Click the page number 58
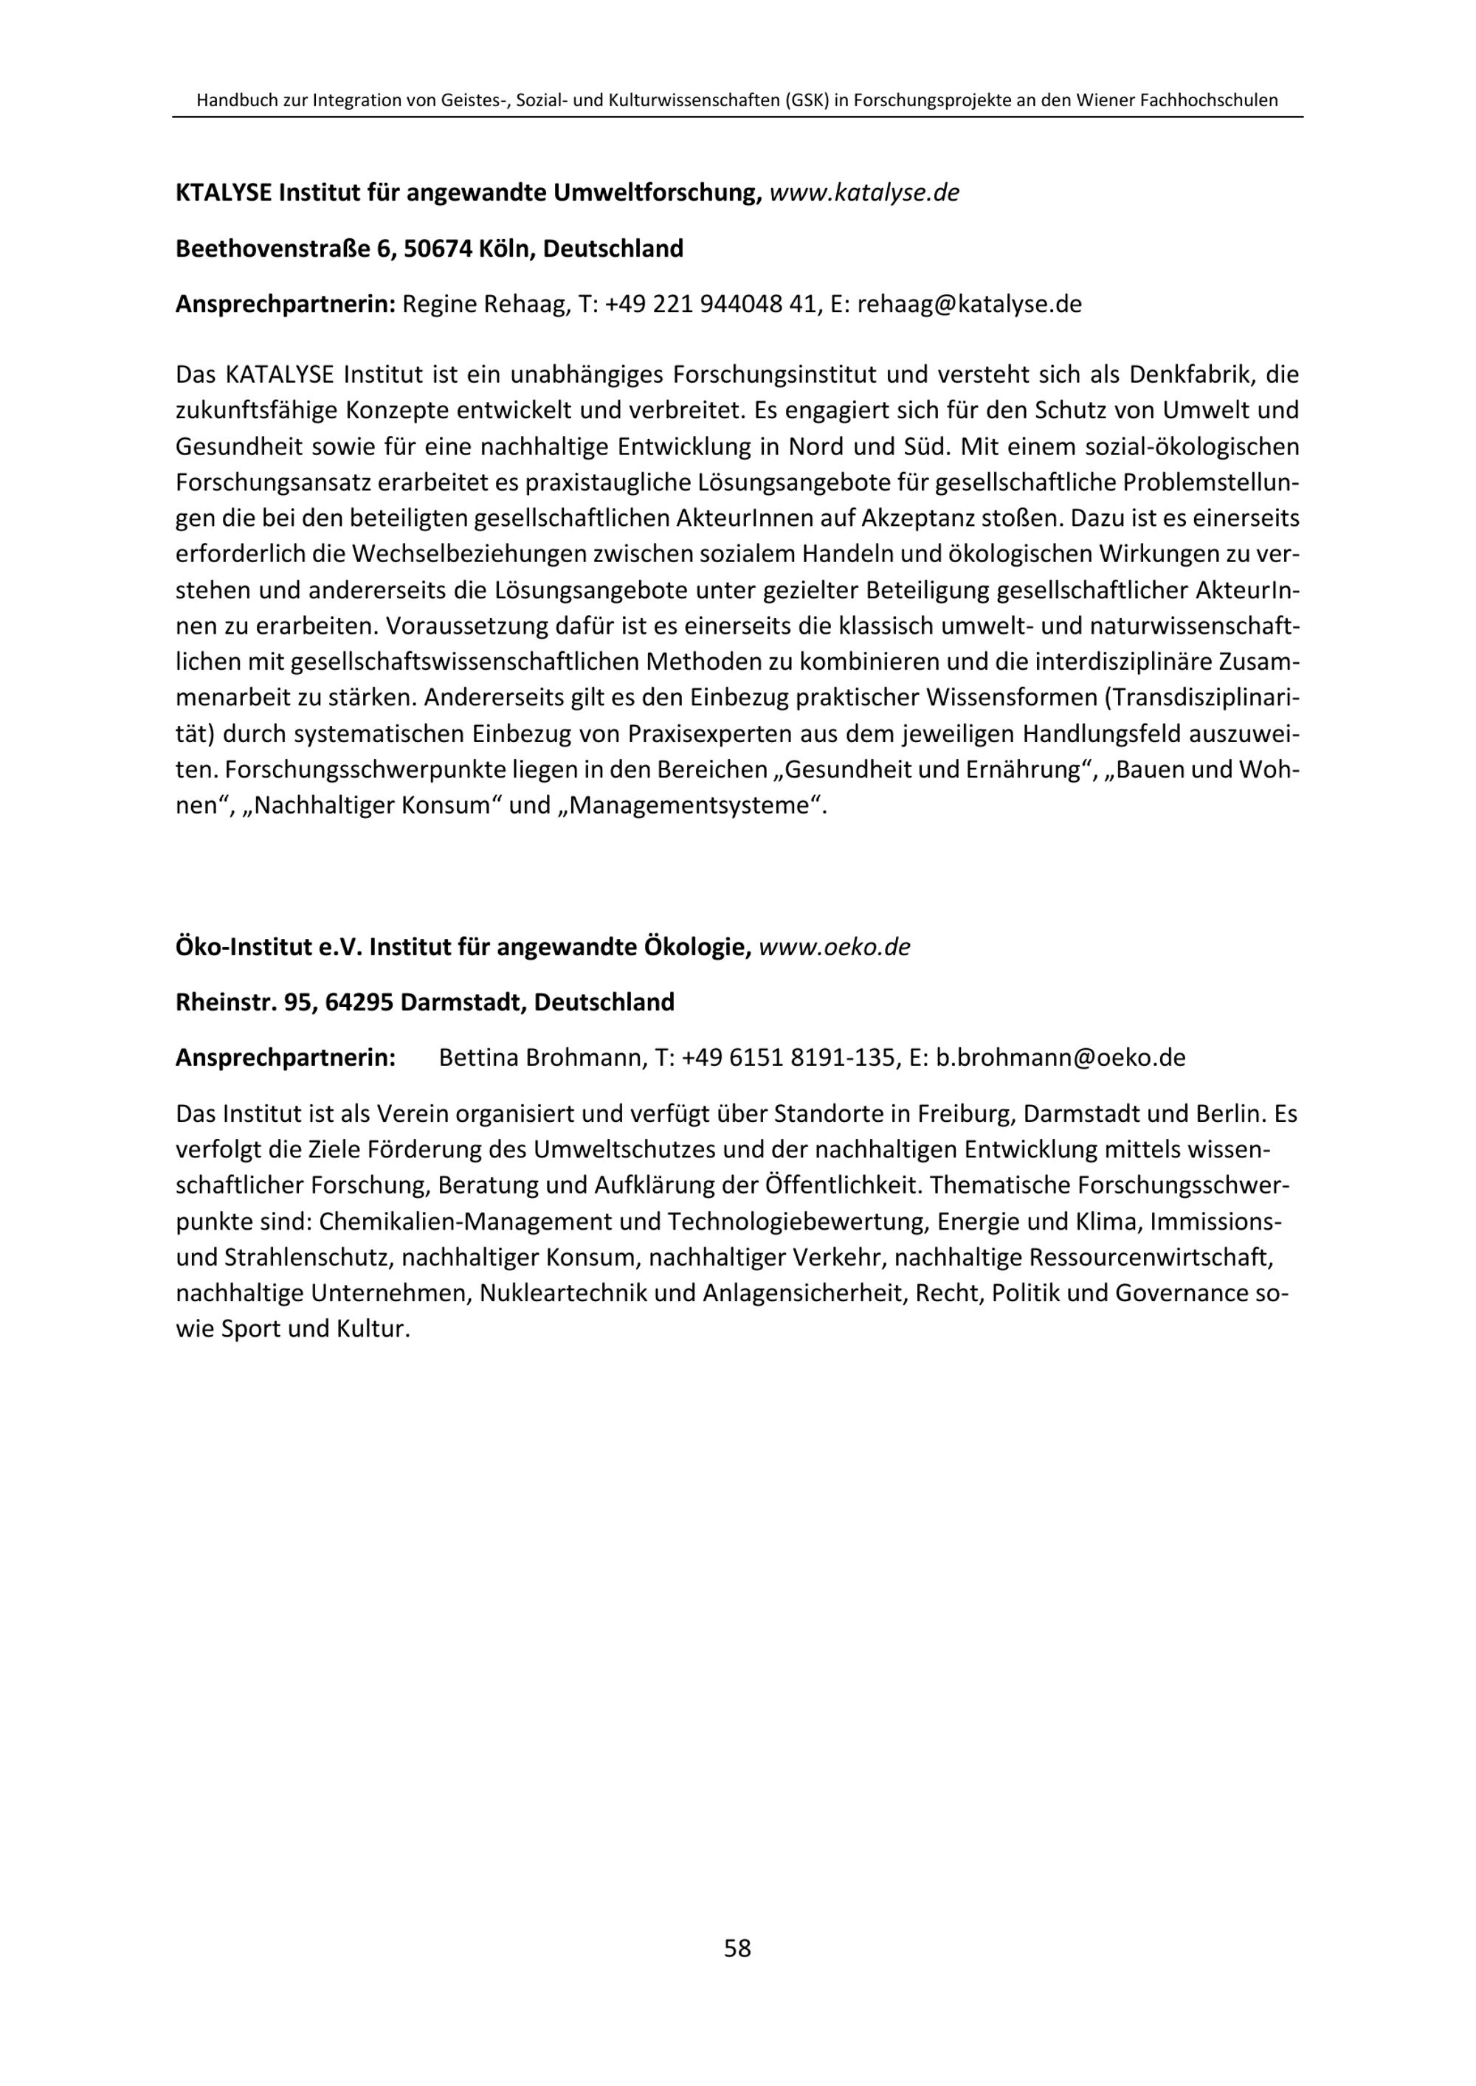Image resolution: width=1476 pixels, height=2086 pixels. click(737, 1948)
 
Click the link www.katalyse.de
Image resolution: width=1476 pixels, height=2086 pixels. click(864, 193)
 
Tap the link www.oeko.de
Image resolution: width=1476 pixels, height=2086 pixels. click(835, 948)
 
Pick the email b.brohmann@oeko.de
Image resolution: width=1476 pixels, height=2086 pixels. click(1061, 1058)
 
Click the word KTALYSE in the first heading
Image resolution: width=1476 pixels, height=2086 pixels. click(224, 193)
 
